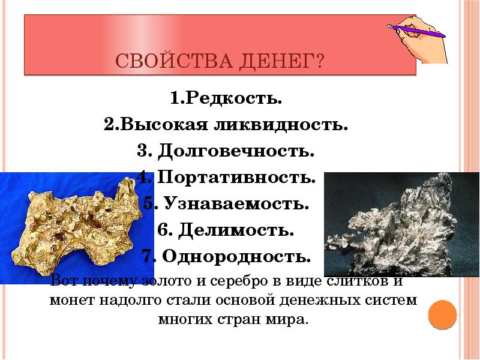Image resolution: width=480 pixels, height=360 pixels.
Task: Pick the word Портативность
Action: pos(236,178)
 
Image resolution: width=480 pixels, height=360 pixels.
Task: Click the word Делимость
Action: pos(243,230)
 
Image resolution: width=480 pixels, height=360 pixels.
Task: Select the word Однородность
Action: pos(235,257)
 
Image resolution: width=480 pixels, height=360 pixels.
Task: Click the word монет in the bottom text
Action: pos(69,300)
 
